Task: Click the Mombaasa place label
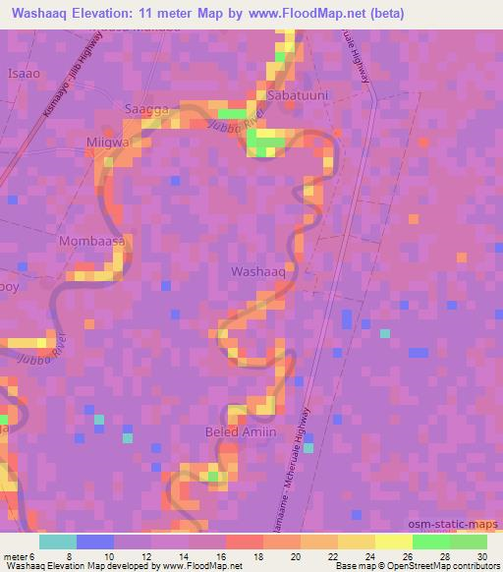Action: click(x=91, y=241)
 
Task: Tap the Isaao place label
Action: click(x=24, y=73)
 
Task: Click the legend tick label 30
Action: click(x=480, y=556)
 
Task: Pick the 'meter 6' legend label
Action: click(x=18, y=556)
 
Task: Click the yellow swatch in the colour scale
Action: click(x=392, y=541)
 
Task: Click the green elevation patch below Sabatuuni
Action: click(x=265, y=145)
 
